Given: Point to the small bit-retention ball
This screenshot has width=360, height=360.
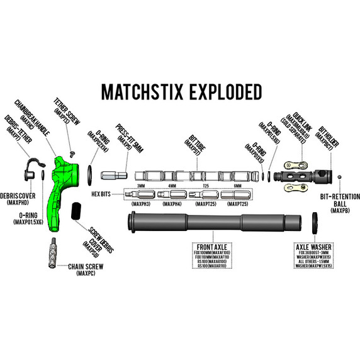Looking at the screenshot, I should click(340, 177).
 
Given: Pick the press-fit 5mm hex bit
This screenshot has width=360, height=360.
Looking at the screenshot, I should click(114, 175).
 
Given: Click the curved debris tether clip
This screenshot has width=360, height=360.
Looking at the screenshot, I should click(29, 169).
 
